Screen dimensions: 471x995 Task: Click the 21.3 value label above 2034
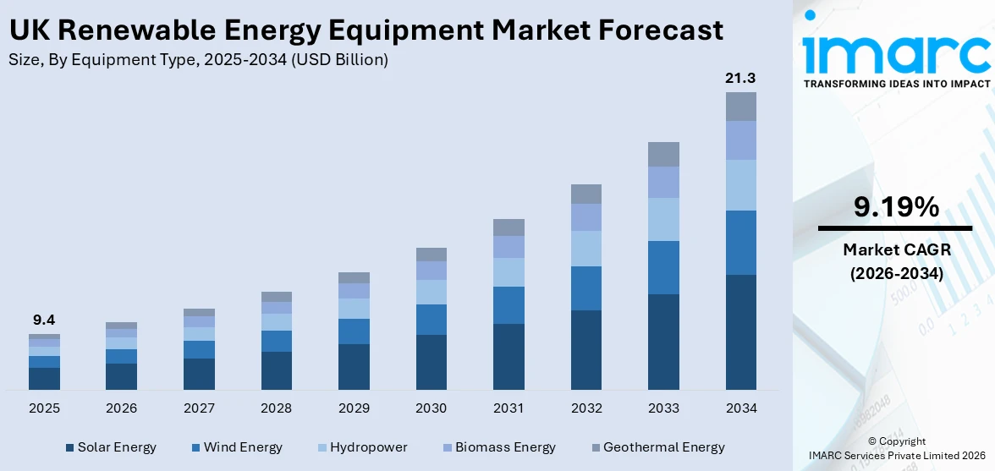coord(740,78)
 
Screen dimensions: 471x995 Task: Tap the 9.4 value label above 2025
coord(44,320)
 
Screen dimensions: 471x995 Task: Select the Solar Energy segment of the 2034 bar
coord(740,331)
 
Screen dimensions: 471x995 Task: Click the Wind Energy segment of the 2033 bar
coord(663,267)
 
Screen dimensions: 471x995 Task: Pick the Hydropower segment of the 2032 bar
coord(585,248)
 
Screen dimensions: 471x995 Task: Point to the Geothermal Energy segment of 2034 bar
coord(740,107)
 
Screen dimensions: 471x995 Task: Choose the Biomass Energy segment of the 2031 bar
coord(508,246)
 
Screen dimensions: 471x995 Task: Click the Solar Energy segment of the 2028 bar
coord(276,370)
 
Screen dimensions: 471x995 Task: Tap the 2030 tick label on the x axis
coord(431,408)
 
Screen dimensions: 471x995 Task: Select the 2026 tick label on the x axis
coord(121,408)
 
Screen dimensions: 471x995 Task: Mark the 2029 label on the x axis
coord(354,408)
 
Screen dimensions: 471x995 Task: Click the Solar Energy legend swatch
coord(70,447)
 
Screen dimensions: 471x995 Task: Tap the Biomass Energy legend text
coord(505,447)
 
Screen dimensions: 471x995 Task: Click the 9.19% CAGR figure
coord(895,207)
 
